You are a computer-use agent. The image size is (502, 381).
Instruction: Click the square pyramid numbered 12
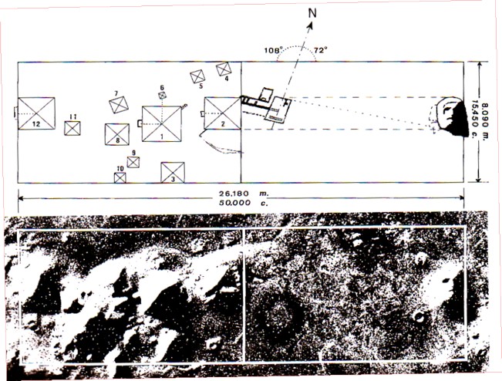(36, 113)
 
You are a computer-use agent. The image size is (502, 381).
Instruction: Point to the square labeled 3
(173, 172)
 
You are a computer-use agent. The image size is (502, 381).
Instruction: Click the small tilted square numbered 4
(223, 70)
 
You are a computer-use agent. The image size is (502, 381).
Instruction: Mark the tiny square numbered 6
(163, 96)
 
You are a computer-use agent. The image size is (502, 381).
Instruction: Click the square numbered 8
(116, 133)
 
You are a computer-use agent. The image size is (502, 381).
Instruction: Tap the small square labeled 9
(133, 162)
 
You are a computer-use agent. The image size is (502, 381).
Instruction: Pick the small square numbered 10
(120, 178)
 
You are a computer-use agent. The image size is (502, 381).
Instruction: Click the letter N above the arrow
(312, 13)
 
